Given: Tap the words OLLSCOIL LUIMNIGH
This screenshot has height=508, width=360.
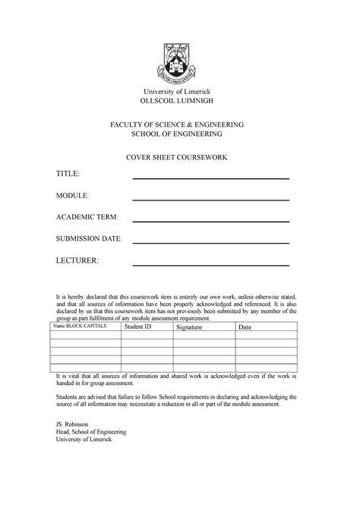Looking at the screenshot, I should pos(179,102).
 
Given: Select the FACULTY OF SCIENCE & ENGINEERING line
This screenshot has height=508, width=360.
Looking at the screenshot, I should pos(179,123).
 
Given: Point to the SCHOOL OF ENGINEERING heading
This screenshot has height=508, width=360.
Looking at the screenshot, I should pos(179,134).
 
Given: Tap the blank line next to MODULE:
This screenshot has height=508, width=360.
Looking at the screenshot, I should pos(211,200).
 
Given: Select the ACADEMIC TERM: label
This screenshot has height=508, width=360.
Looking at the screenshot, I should pos(87,218).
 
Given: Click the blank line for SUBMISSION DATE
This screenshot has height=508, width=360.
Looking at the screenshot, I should pos(211,243).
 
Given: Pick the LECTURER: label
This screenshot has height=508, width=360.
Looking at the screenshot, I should pos(77,261).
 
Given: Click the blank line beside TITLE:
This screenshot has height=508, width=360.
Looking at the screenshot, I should pos(211,178).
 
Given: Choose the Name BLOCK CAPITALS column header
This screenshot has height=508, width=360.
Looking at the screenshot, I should pos(79,327).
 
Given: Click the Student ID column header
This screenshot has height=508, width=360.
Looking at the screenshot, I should pos(138,327).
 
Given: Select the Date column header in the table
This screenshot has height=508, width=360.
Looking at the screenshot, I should pos(245,327).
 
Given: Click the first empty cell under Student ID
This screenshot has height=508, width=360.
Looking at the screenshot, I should pos(147,335).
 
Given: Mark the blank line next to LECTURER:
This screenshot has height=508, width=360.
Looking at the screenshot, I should pos(211,265).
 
